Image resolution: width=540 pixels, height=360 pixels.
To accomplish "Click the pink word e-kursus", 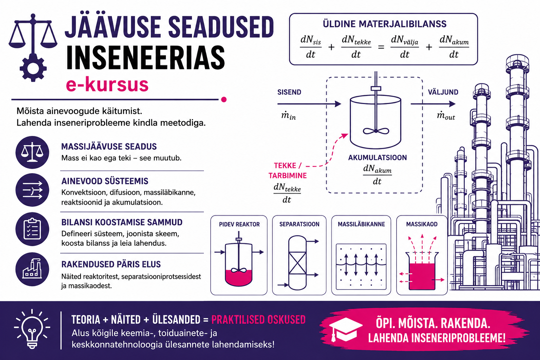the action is click(107, 84).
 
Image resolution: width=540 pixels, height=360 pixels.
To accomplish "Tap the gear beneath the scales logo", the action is click(33, 68).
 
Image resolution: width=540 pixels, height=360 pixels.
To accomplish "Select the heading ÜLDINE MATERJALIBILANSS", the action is click(385, 24).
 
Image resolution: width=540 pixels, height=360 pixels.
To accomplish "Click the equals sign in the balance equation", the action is click(381, 47).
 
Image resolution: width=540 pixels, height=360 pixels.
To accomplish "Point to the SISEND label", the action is click(289, 92).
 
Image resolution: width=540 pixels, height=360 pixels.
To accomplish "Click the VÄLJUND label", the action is click(443, 92).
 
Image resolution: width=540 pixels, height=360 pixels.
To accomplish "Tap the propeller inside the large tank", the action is click(376, 131).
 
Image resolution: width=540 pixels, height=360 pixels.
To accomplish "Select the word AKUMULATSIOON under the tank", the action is click(378, 158).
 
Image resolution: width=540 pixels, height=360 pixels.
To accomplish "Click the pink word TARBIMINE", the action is click(288, 175).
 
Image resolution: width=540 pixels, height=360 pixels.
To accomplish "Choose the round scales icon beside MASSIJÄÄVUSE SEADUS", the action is click(32, 152).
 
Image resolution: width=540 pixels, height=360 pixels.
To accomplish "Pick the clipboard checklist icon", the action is click(32, 229).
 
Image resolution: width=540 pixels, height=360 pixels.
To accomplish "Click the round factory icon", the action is click(32, 269).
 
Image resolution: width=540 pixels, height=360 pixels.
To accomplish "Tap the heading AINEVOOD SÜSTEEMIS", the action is click(105, 181).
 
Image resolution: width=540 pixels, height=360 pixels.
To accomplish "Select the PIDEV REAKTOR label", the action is click(239, 224).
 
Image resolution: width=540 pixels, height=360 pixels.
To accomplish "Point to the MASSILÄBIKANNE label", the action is click(361, 224).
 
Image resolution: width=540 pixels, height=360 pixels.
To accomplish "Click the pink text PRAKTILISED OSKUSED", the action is click(258, 320).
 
